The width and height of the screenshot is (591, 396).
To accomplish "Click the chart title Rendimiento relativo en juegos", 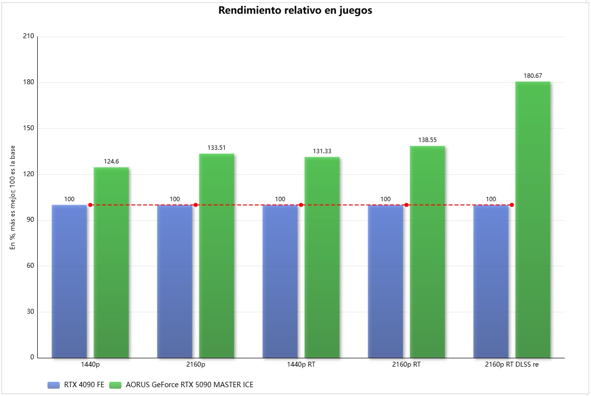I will pos(295,11).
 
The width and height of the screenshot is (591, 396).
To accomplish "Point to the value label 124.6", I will pos(111,161).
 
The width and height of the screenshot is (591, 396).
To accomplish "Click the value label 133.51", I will pos(216,147).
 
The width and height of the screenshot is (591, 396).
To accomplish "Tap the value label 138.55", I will pos(427,140).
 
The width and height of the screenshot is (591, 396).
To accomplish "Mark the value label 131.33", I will pos(322,151).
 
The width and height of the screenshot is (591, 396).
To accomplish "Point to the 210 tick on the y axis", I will pos(28,37).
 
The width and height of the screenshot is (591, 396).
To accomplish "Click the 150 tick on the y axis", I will pos(28,128).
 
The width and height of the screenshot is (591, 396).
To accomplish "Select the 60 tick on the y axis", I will pos(30,266).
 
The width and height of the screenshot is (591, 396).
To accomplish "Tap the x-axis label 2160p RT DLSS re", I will pos(512,365).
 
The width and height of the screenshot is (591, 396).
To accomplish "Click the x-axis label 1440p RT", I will pos(301,365).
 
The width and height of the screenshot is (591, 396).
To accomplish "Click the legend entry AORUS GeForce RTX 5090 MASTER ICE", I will pos(189,385).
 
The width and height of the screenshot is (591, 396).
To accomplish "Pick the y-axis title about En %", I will pos(13,197).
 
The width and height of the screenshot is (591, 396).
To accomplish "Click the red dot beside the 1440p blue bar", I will pos(90,205).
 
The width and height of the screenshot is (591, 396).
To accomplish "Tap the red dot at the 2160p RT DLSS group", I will pos(512,205).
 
